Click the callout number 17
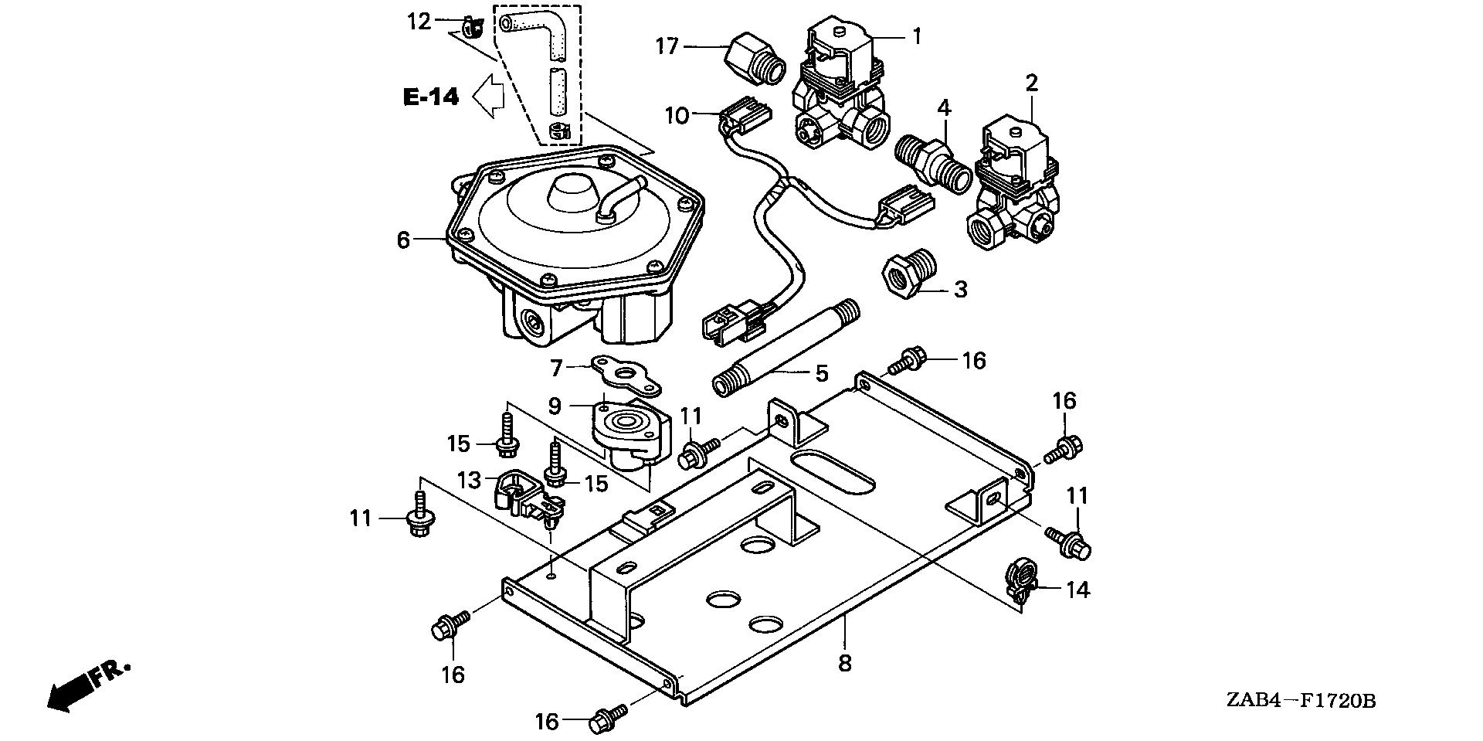[667, 47]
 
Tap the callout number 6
[403, 240]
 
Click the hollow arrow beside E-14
[488, 97]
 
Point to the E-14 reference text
[431, 97]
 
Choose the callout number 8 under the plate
[845, 663]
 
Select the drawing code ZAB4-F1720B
[1299, 701]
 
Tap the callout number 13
[469, 480]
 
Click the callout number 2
[1032, 83]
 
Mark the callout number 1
[917, 36]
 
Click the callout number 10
[677, 116]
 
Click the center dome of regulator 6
[572, 186]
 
